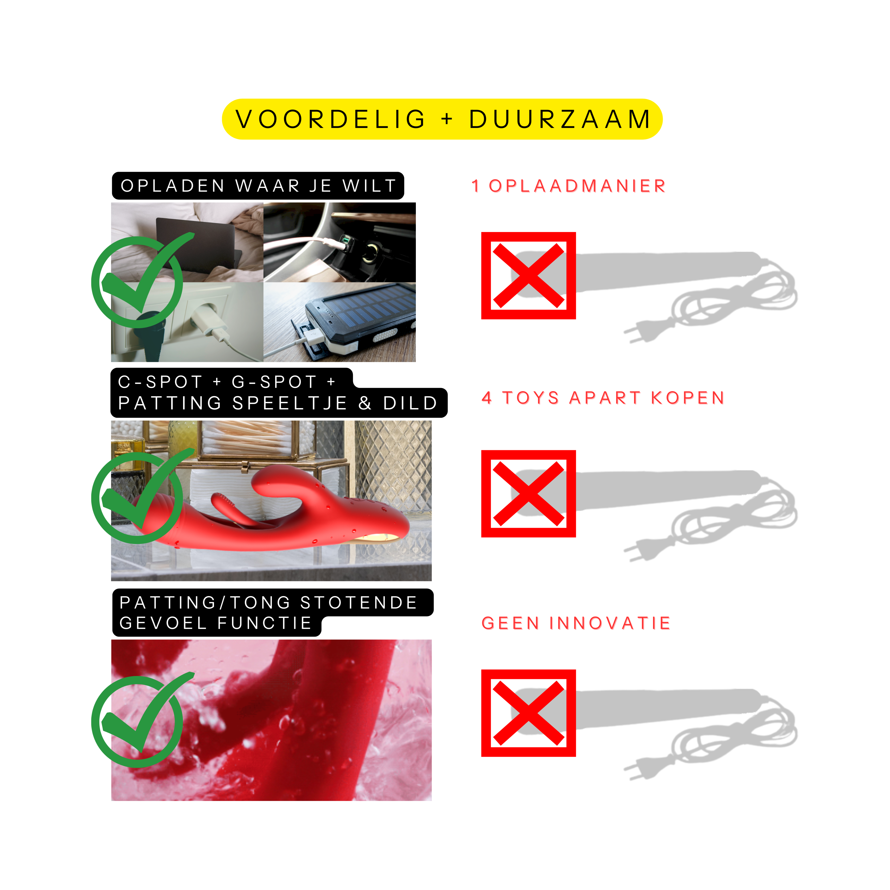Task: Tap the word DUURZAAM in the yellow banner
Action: click(x=560, y=119)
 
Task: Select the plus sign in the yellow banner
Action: click(x=447, y=119)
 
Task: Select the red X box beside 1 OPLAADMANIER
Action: click(x=528, y=275)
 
